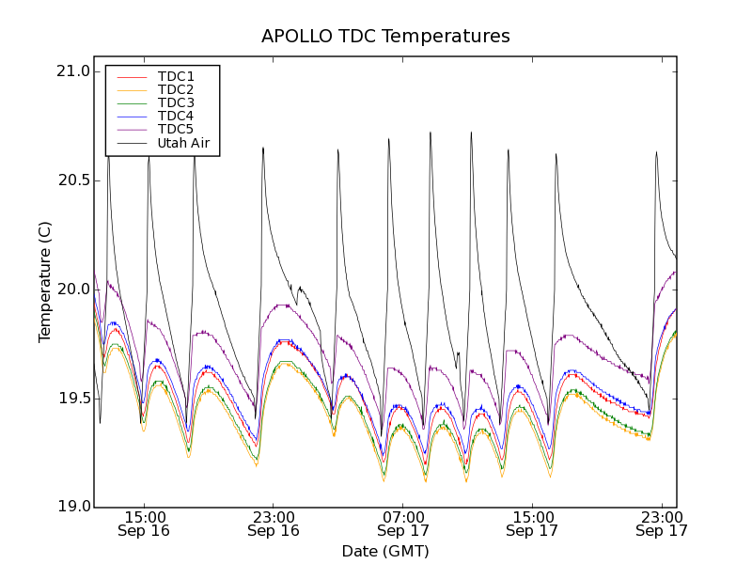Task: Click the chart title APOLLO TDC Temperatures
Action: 385,37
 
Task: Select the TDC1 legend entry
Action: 176,76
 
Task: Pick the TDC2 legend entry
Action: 176,89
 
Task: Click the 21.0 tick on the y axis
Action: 72,71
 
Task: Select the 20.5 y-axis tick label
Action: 72,180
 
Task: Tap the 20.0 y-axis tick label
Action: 72,290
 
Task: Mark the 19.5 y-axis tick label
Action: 72,399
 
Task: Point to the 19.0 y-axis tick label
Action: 72,508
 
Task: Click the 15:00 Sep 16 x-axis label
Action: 144,524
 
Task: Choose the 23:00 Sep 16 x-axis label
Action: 274,524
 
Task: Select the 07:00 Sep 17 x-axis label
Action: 402,524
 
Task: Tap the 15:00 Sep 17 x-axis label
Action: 532,524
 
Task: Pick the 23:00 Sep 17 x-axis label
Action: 661,524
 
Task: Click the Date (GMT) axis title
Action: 385,551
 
